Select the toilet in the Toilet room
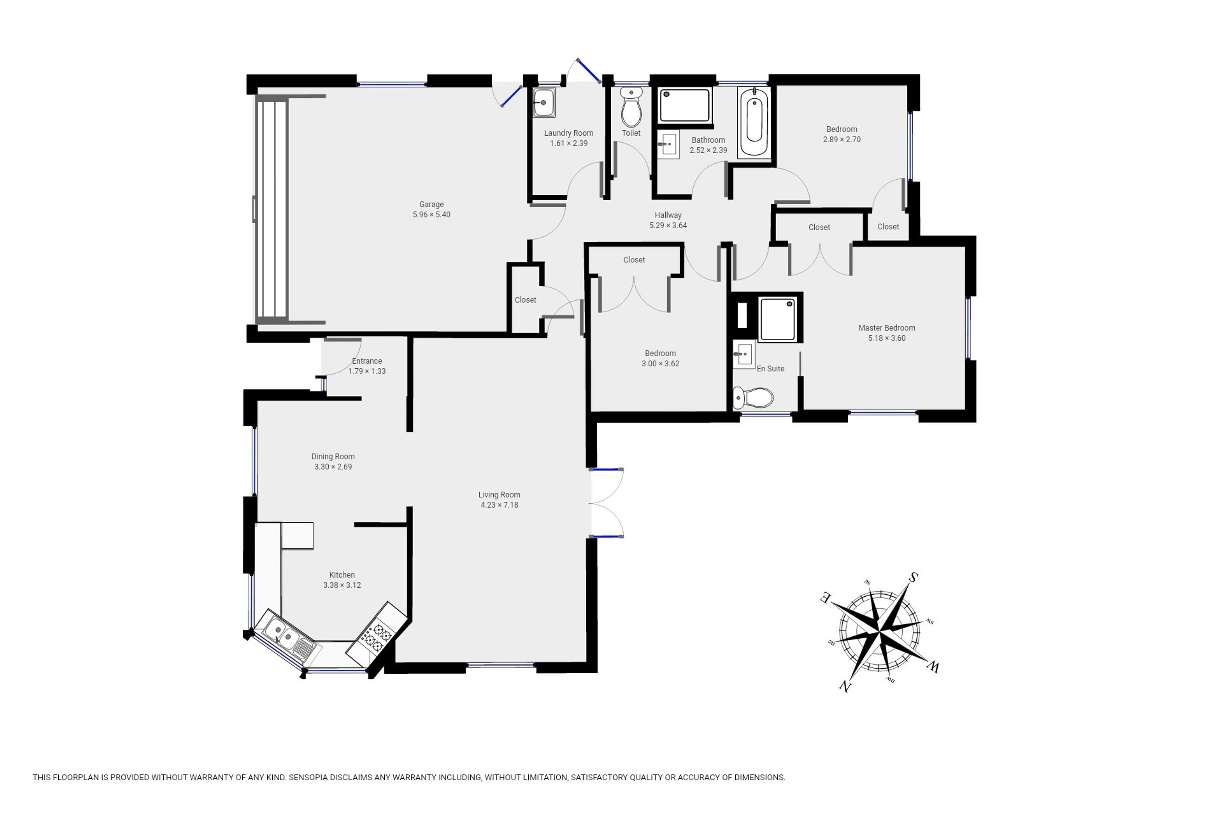[x=631, y=107]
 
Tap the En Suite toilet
[x=752, y=398]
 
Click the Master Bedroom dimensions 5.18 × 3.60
[x=887, y=338]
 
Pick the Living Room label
[x=499, y=495]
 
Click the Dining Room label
[x=333, y=456]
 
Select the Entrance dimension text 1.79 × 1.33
[x=367, y=371]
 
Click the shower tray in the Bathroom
[x=684, y=105]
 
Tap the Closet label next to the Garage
[x=525, y=300]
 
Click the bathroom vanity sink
[x=668, y=144]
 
